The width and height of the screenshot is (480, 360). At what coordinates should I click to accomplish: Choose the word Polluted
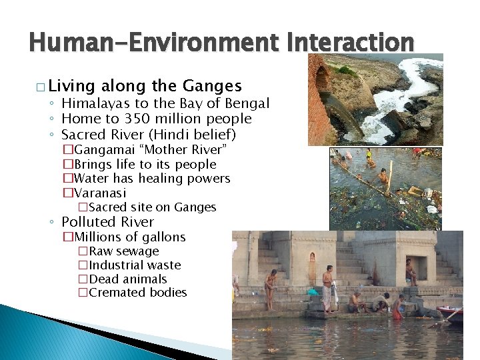pyautogui.click(x=88, y=222)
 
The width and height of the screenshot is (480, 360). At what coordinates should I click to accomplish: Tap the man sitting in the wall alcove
pyautogui.click(x=411, y=271)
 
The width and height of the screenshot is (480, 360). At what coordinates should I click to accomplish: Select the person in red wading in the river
pyautogui.click(x=383, y=177)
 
